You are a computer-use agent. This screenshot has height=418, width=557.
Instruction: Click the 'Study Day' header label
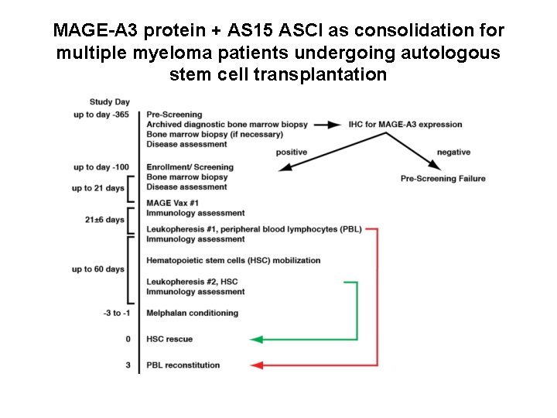coord(109,101)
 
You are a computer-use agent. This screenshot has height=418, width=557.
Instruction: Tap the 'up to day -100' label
coord(101,167)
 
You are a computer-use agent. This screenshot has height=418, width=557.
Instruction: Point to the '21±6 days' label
coord(105,220)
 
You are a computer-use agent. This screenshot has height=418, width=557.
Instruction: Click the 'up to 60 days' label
coord(98,269)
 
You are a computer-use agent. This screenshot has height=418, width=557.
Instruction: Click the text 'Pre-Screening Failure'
coord(443,179)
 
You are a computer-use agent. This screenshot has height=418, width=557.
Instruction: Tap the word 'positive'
coord(292,152)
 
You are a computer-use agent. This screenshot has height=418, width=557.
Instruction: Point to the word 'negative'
coord(453,152)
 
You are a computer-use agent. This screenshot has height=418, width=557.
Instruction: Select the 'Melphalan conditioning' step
coord(192,313)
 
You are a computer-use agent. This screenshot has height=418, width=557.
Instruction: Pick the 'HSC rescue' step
coord(169,339)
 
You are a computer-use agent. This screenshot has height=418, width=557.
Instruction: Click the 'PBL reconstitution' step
coord(183,365)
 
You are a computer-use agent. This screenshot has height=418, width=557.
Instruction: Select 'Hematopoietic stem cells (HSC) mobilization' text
coord(233,261)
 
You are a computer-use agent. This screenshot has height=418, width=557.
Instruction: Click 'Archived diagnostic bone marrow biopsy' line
coord(226,125)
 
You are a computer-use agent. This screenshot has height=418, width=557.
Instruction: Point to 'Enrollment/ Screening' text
coord(189,167)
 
